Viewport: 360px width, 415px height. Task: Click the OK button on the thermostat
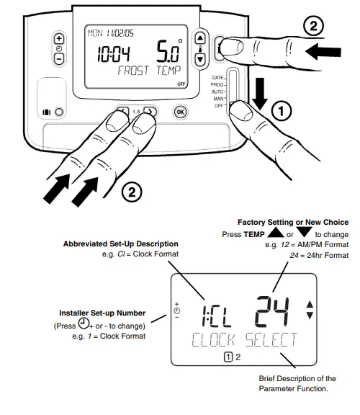click(180, 112)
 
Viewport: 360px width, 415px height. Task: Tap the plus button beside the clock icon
click(59, 39)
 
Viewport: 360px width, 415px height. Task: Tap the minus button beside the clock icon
click(59, 58)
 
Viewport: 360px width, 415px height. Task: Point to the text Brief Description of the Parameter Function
click(297, 383)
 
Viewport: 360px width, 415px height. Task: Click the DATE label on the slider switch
click(217, 76)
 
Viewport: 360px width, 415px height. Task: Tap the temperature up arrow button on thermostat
click(200, 39)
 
